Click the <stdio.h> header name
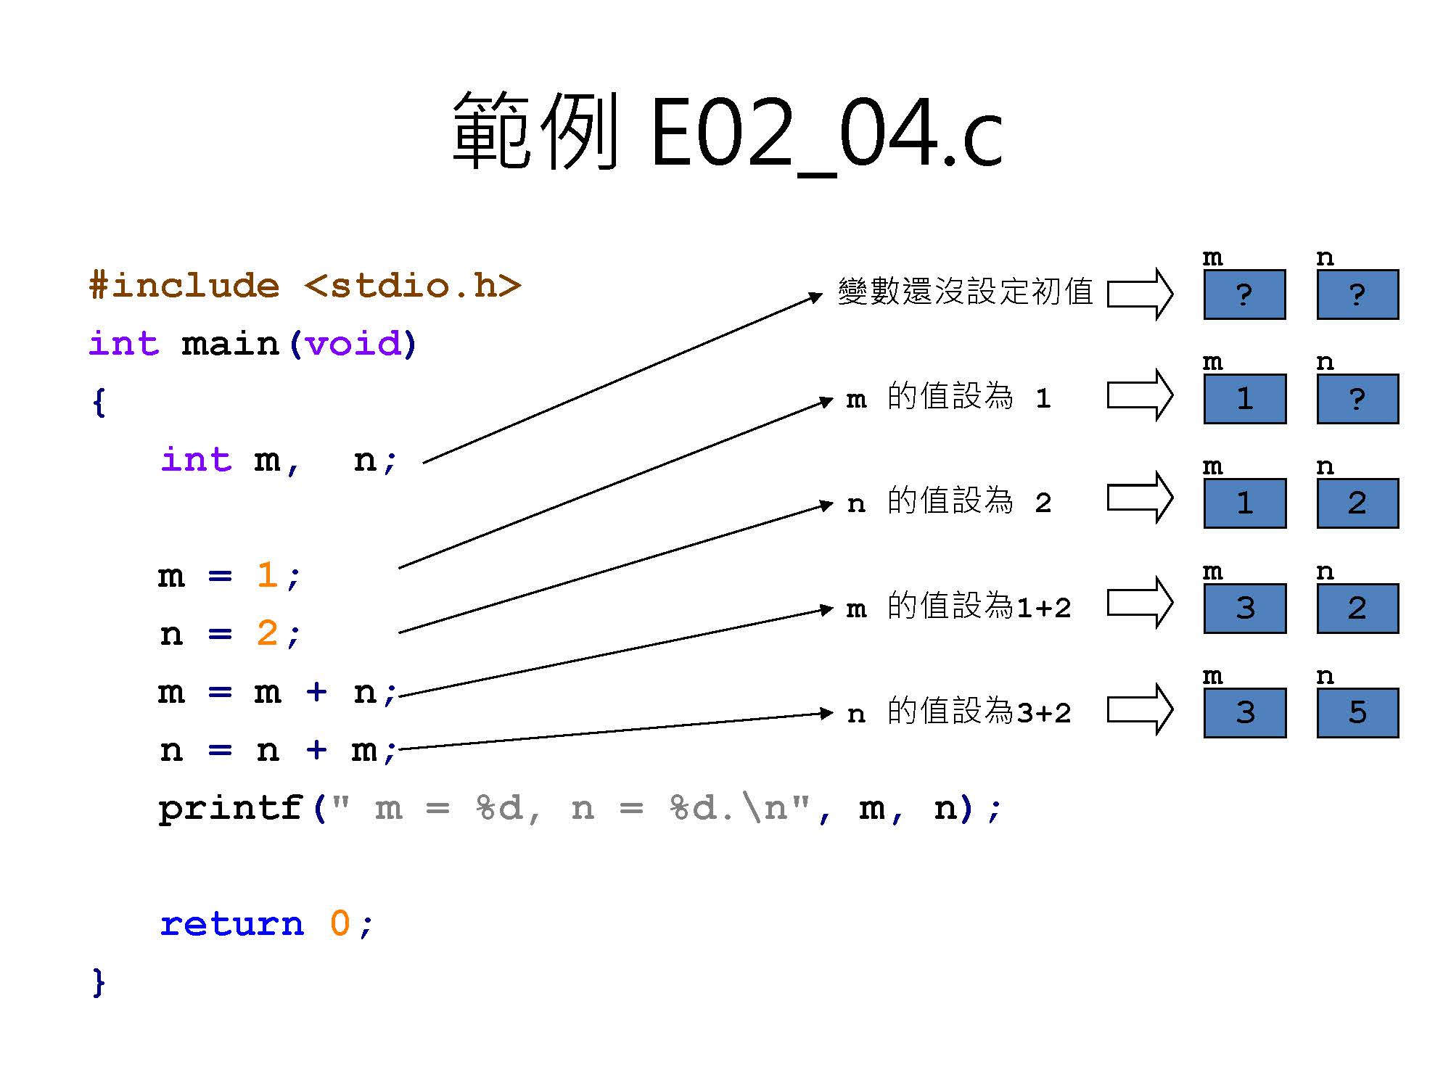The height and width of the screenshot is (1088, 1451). coord(412,286)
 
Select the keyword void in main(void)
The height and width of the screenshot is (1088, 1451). coord(353,344)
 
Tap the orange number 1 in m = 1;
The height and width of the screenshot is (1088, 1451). coord(267,576)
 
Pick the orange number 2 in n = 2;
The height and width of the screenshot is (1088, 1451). coord(267,634)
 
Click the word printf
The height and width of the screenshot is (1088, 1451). coord(230,808)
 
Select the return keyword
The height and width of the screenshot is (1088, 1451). coord(232,924)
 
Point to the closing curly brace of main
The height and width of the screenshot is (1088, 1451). coord(99,982)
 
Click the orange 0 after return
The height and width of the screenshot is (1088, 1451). coord(340,924)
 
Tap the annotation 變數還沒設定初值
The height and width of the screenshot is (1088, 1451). coord(965,292)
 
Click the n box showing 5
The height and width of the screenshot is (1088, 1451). coord(1357,713)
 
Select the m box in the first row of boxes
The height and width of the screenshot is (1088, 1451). coord(1244,294)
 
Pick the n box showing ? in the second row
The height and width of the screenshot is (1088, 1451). coord(1357,399)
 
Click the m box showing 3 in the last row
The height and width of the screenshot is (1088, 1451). coord(1244,713)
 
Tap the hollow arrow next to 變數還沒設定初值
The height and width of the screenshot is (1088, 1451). coord(1140,294)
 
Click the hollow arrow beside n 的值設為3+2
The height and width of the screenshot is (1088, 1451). coord(1140,710)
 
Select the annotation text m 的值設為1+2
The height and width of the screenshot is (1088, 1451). coord(958,607)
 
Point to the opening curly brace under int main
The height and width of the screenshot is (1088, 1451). coord(99,402)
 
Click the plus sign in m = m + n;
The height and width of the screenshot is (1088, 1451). coord(316,692)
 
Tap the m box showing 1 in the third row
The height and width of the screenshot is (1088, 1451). coord(1244,503)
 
